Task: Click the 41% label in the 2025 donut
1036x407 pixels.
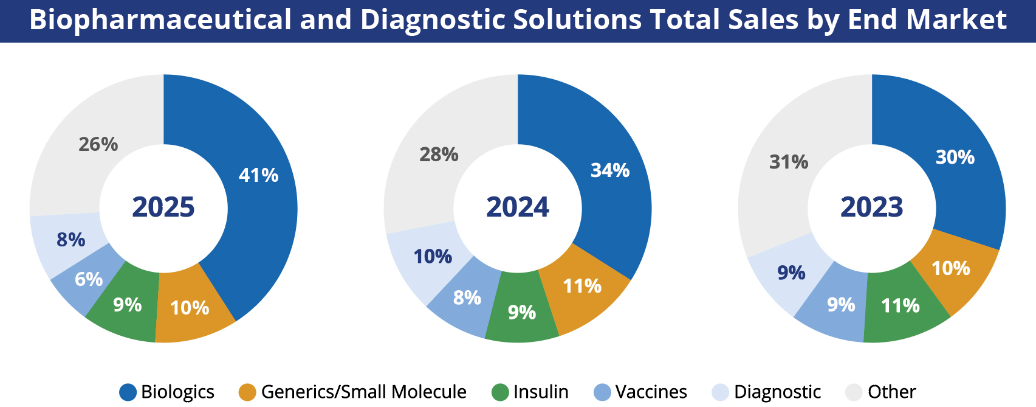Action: point(258,175)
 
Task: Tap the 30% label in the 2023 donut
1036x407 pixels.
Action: point(955,157)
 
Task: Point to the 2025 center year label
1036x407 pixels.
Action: point(163,207)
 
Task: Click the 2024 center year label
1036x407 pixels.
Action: point(518,207)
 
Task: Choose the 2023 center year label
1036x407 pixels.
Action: point(871,207)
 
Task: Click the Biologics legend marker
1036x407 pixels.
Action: point(128,392)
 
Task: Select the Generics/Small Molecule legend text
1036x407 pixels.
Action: point(363,392)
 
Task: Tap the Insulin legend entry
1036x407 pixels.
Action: point(540,392)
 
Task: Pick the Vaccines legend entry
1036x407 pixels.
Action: point(650,392)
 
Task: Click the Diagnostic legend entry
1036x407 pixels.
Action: point(777,392)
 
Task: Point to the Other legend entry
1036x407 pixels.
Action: point(891,392)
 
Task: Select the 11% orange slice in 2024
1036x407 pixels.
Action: point(582,286)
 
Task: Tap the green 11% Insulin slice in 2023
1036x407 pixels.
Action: point(900,305)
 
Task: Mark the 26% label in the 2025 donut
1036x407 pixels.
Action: point(98,144)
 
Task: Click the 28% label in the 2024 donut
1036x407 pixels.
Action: point(439,155)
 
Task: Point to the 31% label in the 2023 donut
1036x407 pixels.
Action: point(789,162)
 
